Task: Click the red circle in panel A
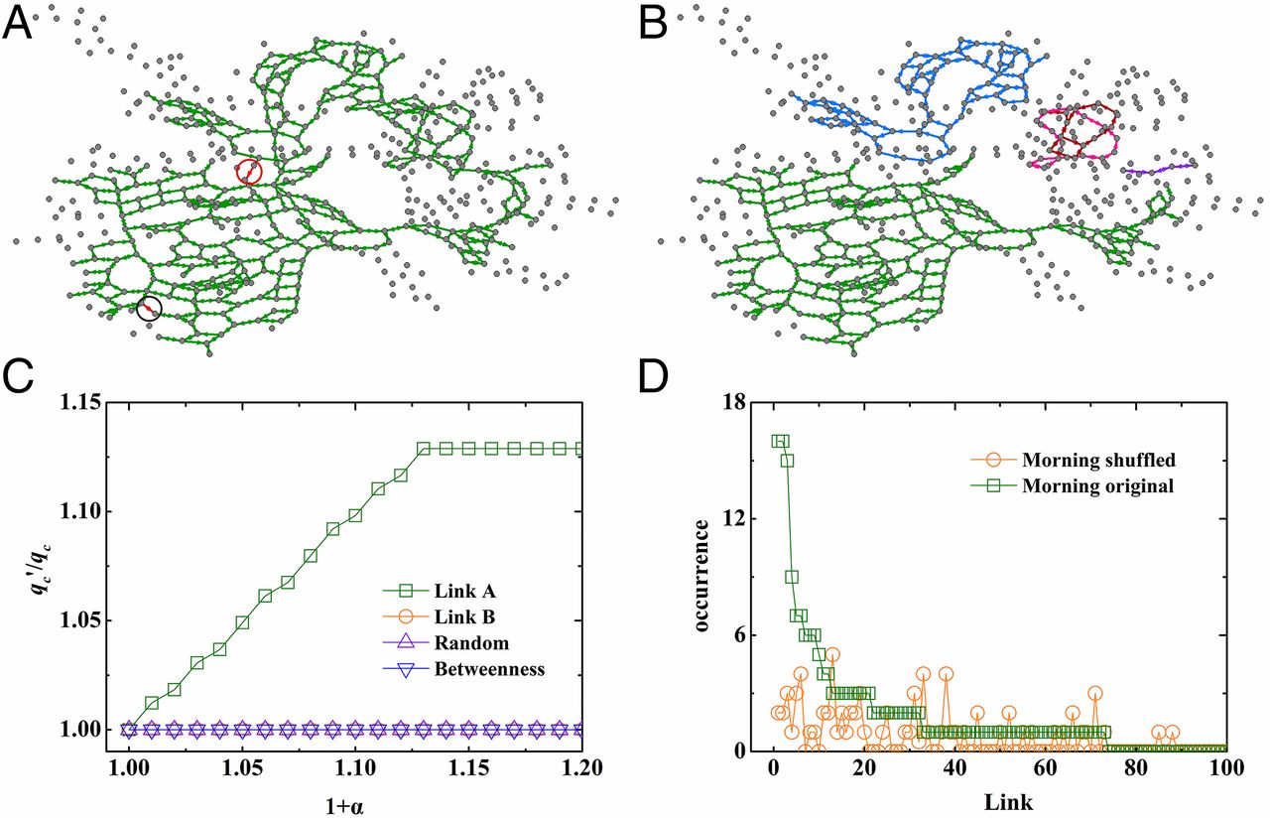[249, 172]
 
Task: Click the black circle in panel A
[149, 309]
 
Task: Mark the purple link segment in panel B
[1159, 170]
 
